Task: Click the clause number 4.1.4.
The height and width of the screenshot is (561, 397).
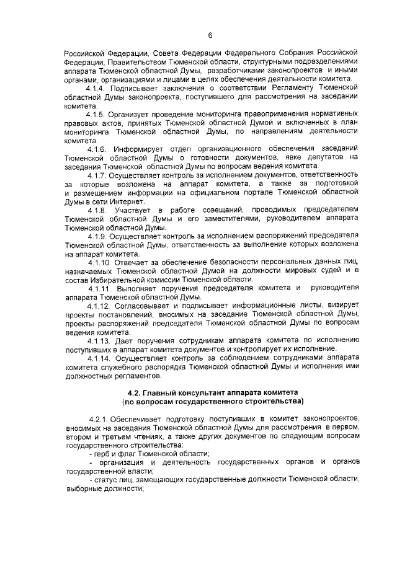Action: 97,89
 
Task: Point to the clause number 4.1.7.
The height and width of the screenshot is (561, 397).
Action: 97,175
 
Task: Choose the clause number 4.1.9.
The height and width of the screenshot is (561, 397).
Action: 97,237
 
